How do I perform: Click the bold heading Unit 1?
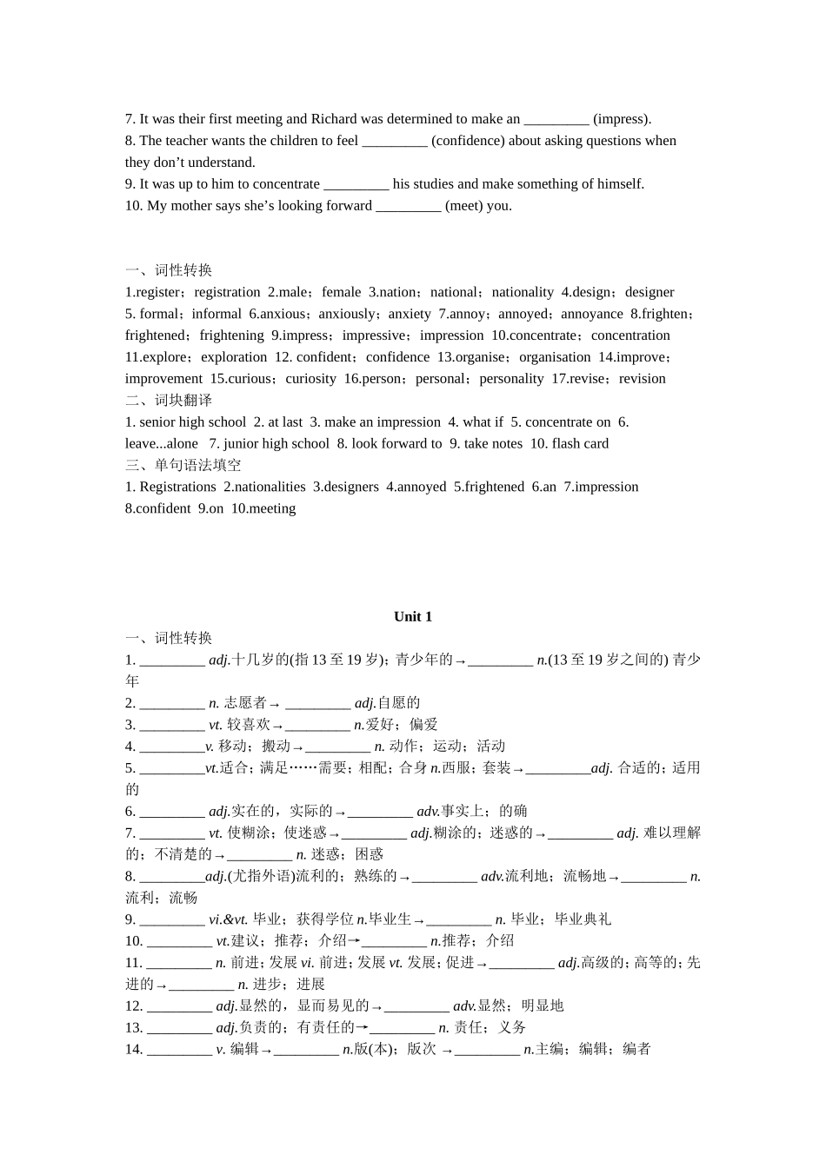tap(412, 616)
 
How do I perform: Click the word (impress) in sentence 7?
tap(622, 119)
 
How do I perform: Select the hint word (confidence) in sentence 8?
tap(468, 141)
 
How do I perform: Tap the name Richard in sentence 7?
tap(334, 119)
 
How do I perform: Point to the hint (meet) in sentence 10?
tap(465, 206)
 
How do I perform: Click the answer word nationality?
tap(523, 292)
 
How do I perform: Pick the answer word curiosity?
tap(310, 379)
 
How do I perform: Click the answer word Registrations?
tap(177, 487)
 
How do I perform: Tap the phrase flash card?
tap(580, 443)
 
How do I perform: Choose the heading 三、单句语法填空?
tap(183, 465)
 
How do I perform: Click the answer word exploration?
tap(234, 357)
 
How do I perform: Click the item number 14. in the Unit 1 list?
tap(134, 1049)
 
